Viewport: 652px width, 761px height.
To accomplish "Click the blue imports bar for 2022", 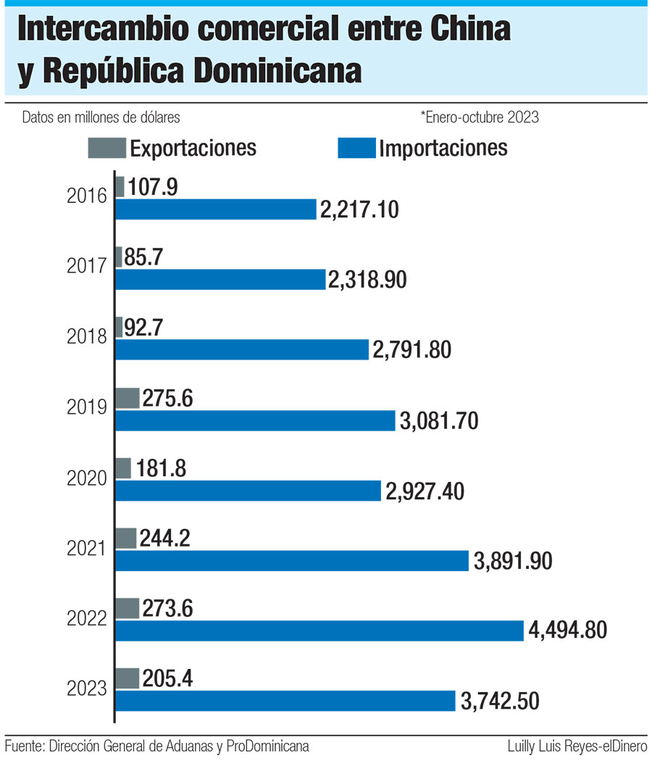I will click(319, 631).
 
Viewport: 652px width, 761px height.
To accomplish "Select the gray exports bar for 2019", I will click(128, 397).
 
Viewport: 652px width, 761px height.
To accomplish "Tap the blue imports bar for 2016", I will click(216, 209).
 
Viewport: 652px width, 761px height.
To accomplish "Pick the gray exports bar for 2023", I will click(128, 678).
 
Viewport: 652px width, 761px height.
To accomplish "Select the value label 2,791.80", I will click(412, 350).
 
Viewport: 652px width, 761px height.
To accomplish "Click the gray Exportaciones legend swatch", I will click(106, 147).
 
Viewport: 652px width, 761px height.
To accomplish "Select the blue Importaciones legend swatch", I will click(356, 147).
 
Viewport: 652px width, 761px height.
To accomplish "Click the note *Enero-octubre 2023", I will click(479, 117).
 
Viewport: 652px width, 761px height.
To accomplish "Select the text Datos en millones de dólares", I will click(101, 117).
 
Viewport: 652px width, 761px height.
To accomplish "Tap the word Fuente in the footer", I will click(23, 746).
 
